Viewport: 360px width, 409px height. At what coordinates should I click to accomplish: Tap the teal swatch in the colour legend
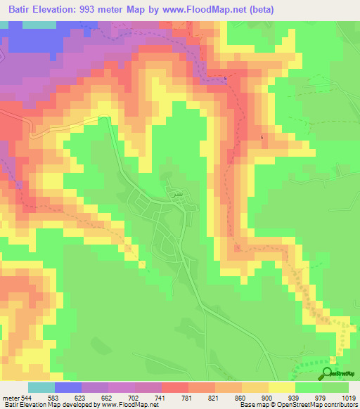(x=41, y=387)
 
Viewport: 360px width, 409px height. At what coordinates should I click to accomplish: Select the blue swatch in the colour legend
(x=67, y=387)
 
